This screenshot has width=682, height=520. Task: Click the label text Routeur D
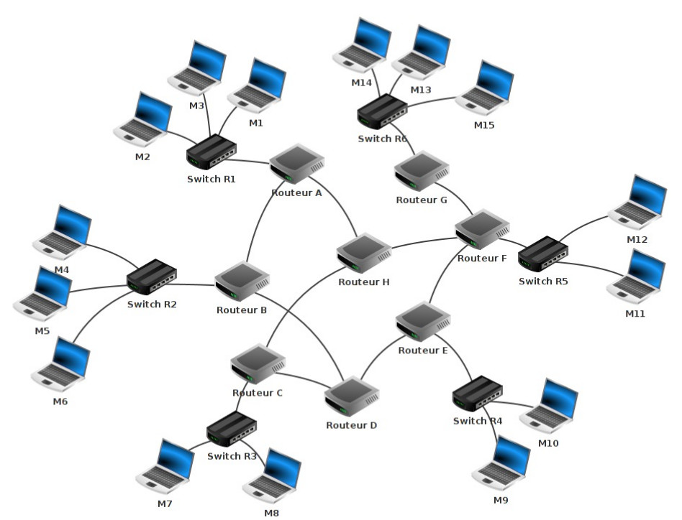pyautogui.click(x=351, y=425)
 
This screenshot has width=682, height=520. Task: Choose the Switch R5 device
pyautogui.click(x=543, y=254)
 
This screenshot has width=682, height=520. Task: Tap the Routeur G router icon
pyautogui.click(x=422, y=171)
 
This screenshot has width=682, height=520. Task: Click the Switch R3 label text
pyautogui.click(x=232, y=456)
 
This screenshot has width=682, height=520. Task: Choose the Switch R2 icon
pyautogui.click(x=152, y=277)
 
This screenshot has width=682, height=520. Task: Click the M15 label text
pyautogui.click(x=484, y=125)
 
